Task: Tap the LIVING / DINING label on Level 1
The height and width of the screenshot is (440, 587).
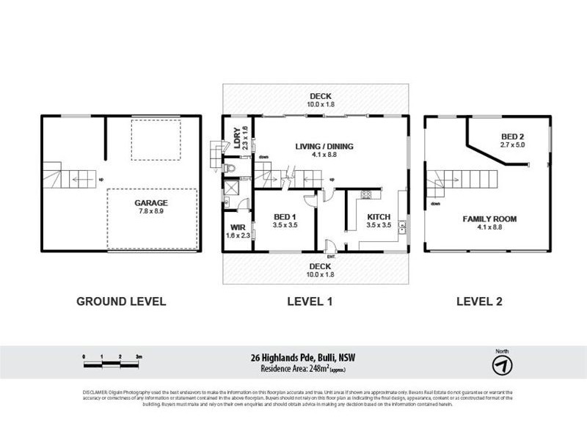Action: tap(324, 147)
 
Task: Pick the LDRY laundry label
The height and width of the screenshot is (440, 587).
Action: tap(236, 134)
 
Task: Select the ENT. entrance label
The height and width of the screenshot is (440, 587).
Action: tap(331, 256)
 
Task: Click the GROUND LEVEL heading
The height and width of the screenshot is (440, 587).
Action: tap(122, 301)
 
